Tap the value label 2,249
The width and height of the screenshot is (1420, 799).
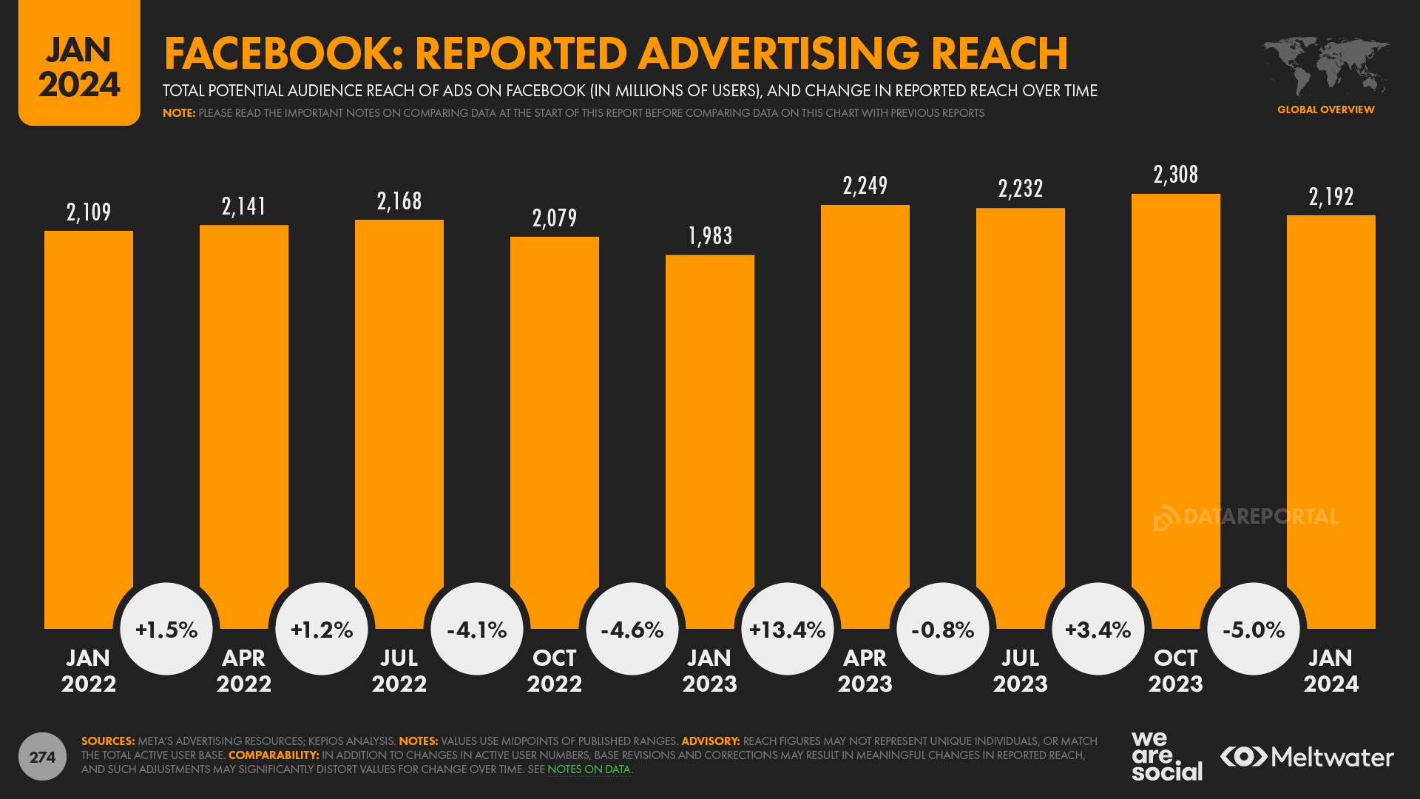pos(865,186)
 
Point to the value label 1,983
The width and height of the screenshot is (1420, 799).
pos(710,236)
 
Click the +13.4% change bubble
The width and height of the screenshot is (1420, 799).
pos(787,630)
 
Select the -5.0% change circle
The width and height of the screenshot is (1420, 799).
pos(1253,630)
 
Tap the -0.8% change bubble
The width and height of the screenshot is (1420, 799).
pos(942,630)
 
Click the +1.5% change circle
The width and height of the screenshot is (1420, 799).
pos(166,630)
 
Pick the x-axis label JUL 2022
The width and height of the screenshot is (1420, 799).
pos(399,670)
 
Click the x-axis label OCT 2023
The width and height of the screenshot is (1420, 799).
pos(1175,670)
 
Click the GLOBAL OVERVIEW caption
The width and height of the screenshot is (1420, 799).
pos(1325,109)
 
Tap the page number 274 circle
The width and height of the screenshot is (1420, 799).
pos(42,757)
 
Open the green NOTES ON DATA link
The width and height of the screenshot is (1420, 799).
pos(589,769)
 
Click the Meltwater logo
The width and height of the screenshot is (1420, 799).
pos(1307,757)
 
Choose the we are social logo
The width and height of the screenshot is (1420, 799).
pos(1166,756)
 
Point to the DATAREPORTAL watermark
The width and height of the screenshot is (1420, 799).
pos(1246,516)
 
